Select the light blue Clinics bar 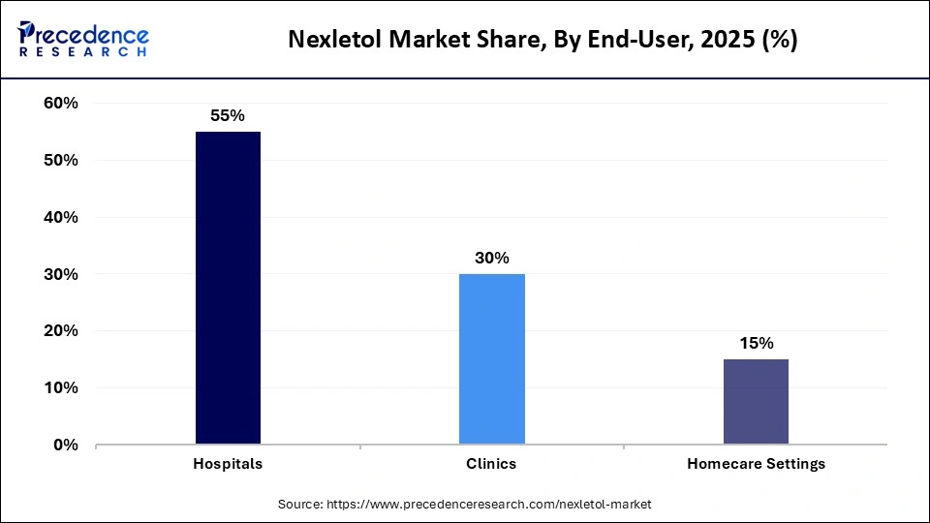pyautogui.click(x=491, y=359)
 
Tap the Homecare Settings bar pyautogui.click(x=756, y=402)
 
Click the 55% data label pyautogui.click(x=228, y=115)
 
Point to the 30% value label pyautogui.click(x=491, y=258)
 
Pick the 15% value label pyautogui.click(x=756, y=343)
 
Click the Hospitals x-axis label pyautogui.click(x=228, y=464)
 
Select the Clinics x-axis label pyautogui.click(x=491, y=464)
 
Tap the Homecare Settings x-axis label pyautogui.click(x=756, y=464)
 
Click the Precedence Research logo pyautogui.click(x=82, y=39)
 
